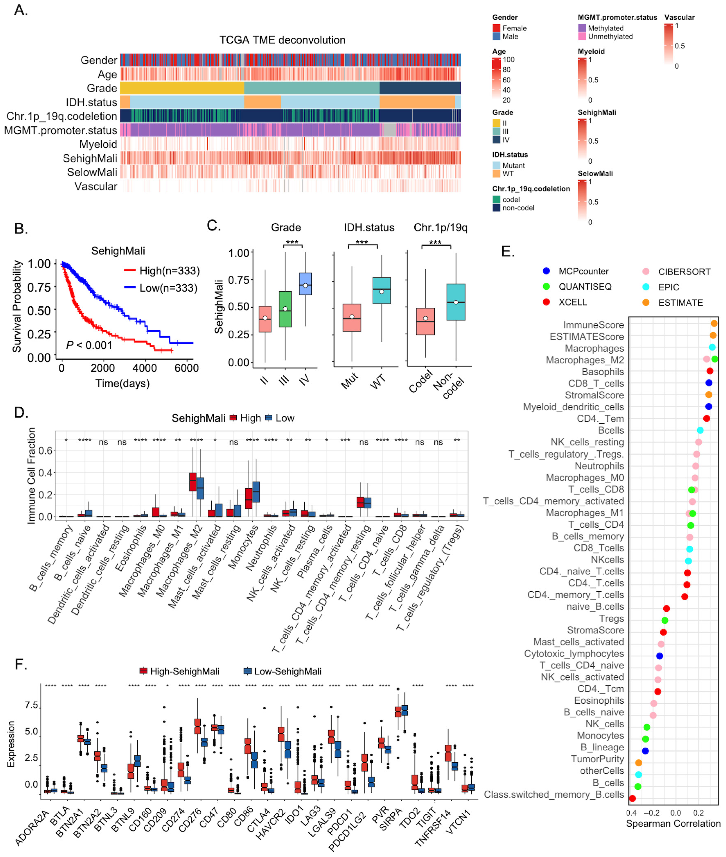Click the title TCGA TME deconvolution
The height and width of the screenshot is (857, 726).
282,40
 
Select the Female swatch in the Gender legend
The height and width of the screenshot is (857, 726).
496,28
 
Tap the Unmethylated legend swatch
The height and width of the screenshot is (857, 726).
582,36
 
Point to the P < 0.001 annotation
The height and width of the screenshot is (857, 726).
89,345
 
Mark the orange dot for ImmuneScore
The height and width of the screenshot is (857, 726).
714,324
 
